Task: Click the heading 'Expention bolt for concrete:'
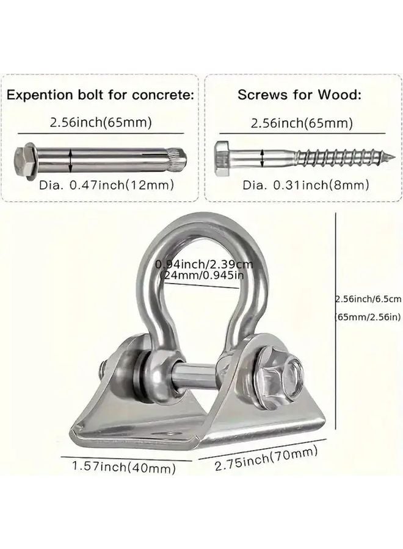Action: [x=101, y=95]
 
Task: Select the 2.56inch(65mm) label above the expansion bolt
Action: [x=101, y=123]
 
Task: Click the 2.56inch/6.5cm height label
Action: [x=368, y=298]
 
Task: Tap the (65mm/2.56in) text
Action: [x=368, y=317]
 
